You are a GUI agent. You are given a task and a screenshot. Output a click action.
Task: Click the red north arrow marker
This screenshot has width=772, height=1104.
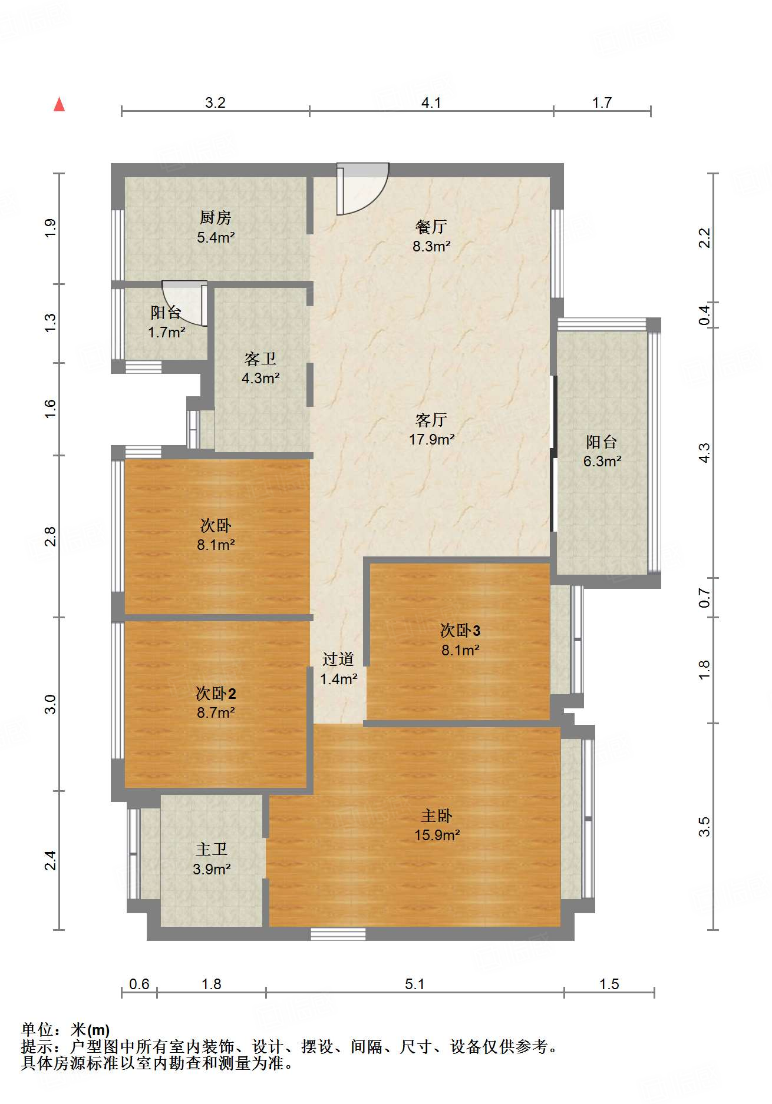click(x=59, y=104)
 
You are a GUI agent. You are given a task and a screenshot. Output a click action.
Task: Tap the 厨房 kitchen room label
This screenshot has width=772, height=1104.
click(x=215, y=218)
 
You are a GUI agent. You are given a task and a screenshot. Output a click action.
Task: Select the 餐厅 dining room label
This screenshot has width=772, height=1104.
click(x=431, y=227)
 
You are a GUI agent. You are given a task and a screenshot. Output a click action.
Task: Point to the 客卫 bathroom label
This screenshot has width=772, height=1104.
click(x=260, y=359)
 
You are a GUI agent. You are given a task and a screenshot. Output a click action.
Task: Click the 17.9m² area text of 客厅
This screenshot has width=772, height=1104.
click(x=432, y=439)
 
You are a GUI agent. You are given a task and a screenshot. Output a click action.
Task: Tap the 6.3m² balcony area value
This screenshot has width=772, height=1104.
click(x=602, y=462)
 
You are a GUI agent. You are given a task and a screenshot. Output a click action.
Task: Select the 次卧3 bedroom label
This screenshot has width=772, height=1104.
click(x=460, y=631)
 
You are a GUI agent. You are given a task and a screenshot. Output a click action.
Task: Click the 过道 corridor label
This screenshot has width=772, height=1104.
click(x=338, y=659)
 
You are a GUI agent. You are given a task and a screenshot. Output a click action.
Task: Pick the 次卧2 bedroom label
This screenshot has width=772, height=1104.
click(x=216, y=693)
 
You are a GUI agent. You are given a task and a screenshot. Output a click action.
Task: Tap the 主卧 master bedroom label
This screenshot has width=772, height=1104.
click(x=437, y=815)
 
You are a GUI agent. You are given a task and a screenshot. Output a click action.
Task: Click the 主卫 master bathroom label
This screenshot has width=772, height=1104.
click(x=212, y=849)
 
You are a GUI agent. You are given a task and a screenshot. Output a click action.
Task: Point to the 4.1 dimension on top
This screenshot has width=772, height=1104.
click(x=431, y=103)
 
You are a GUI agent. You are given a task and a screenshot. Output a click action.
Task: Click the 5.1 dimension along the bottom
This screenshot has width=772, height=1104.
click(x=414, y=984)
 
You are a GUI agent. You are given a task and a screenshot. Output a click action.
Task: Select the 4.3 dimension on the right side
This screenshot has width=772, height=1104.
click(x=704, y=452)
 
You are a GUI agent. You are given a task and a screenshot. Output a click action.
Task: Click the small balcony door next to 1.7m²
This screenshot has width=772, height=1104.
click(x=185, y=304)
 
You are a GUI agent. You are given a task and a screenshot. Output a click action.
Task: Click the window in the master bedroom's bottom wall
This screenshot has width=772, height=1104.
click(x=338, y=934)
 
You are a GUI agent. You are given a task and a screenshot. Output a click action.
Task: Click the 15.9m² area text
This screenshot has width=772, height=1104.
click(x=437, y=836)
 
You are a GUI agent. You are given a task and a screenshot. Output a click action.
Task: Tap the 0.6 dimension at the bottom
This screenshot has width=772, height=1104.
click(x=139, y=984)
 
